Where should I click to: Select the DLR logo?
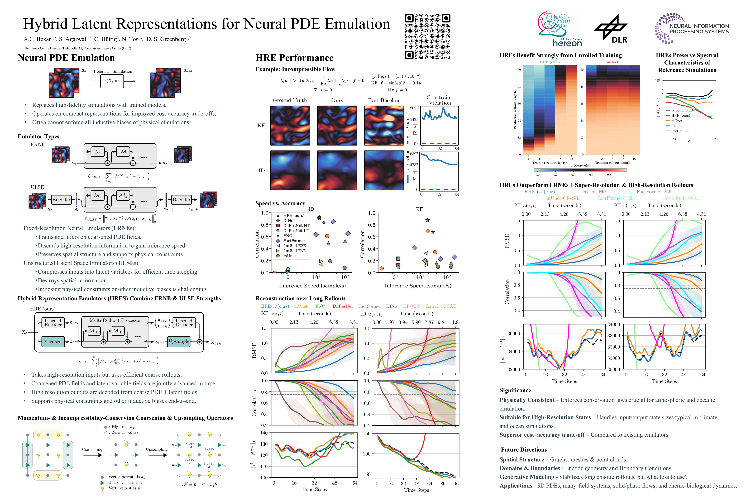point(611,29)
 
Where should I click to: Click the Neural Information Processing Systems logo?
point(691,29)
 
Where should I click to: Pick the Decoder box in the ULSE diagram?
point(181,200)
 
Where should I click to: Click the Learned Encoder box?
point(53,323)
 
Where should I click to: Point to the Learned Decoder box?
point(184,323)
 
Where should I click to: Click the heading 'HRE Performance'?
point(294,58)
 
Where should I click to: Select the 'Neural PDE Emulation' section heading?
point(66,58)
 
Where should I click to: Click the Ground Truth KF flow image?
point(290,126)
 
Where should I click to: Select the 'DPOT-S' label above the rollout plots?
point(412,306)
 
